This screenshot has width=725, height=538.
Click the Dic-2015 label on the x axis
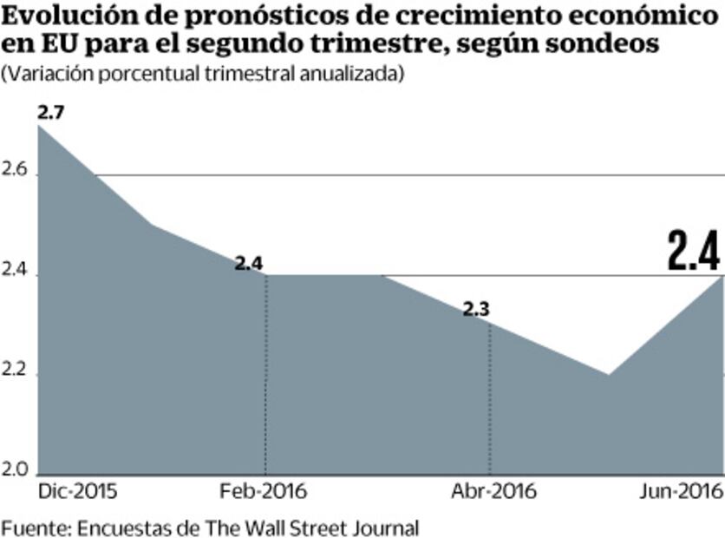[x=77, y=491]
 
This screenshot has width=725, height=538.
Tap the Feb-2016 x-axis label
[x=265, y=491]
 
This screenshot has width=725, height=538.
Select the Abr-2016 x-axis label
[x=494, y=491]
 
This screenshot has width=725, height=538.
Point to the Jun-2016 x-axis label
[x=681, y=491]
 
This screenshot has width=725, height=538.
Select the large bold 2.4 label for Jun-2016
[x=694, y=252]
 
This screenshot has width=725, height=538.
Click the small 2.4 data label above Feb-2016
[x=249, y=262]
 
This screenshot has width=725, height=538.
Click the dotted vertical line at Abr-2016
[x=490, y=399]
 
